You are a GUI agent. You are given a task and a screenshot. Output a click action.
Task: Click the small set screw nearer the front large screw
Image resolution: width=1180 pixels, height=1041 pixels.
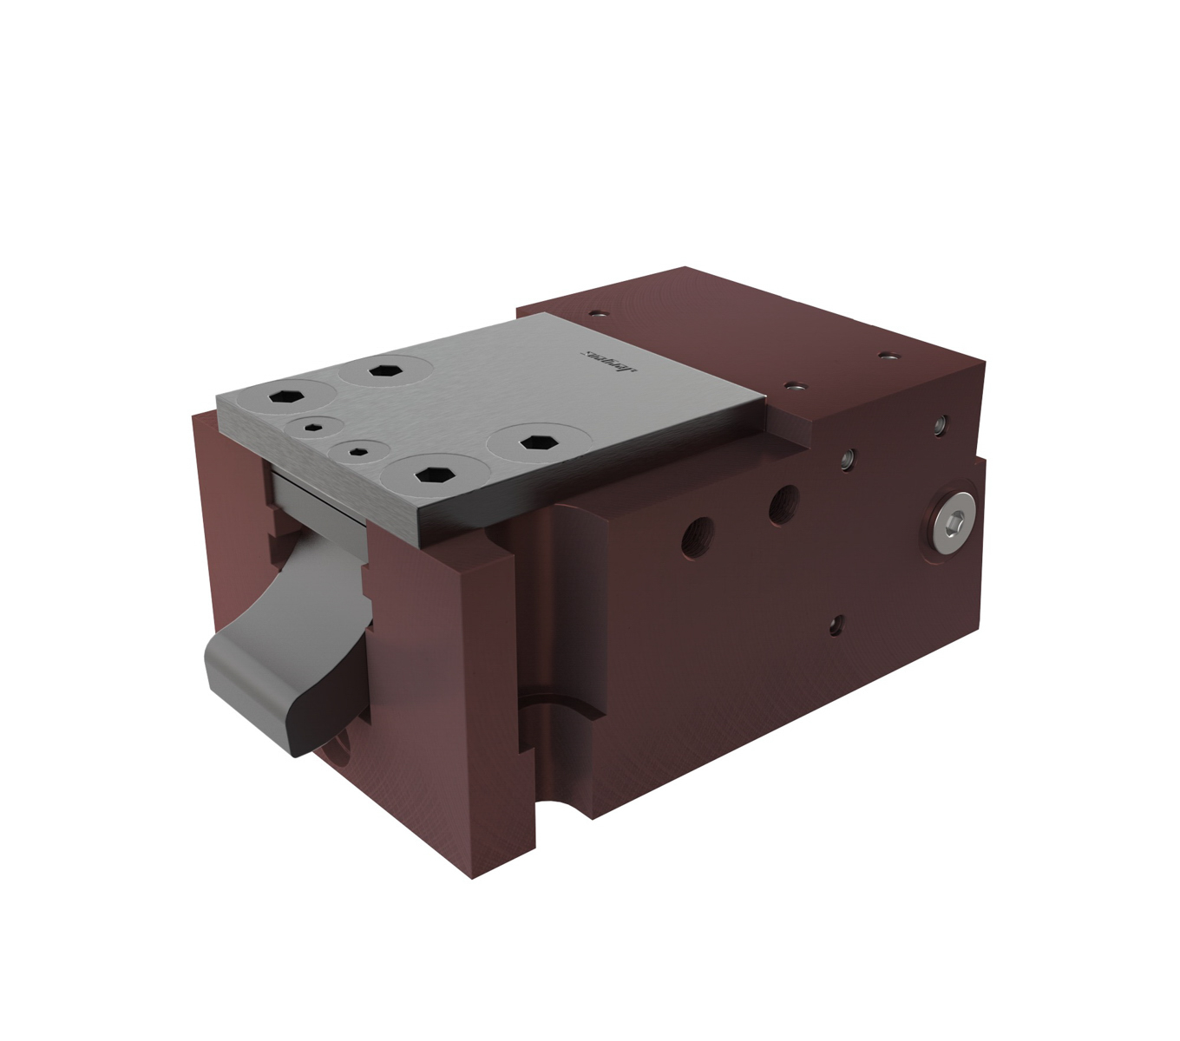pos(357,449)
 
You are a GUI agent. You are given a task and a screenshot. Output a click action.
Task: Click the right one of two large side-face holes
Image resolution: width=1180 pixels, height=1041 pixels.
pos(783,503)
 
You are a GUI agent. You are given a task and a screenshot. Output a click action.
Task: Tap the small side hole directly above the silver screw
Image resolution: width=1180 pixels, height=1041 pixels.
pos(941,425)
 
